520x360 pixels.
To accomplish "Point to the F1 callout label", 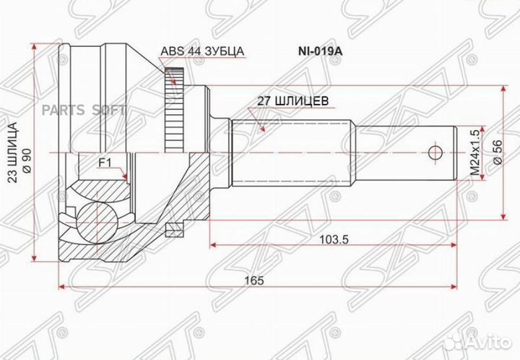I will point(105,163).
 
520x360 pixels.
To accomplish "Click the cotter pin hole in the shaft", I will point(434,152).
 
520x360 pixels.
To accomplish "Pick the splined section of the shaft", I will point(289,152).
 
